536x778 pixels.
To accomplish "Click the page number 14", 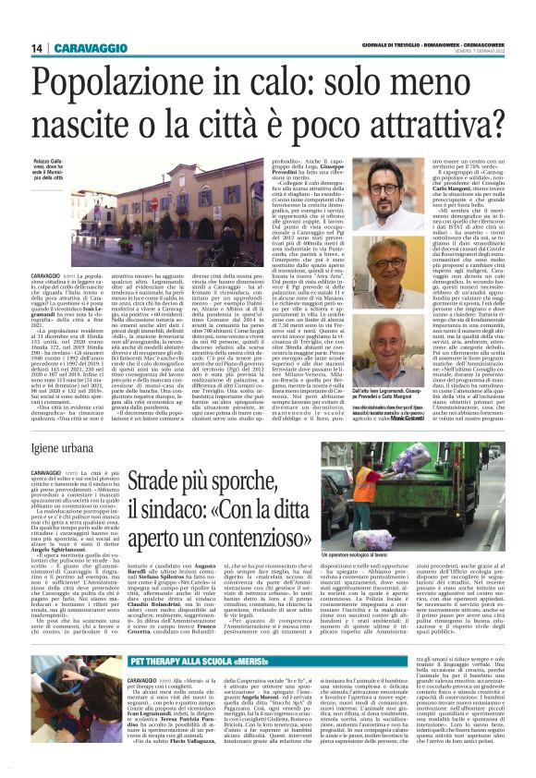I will pos(38,48).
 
